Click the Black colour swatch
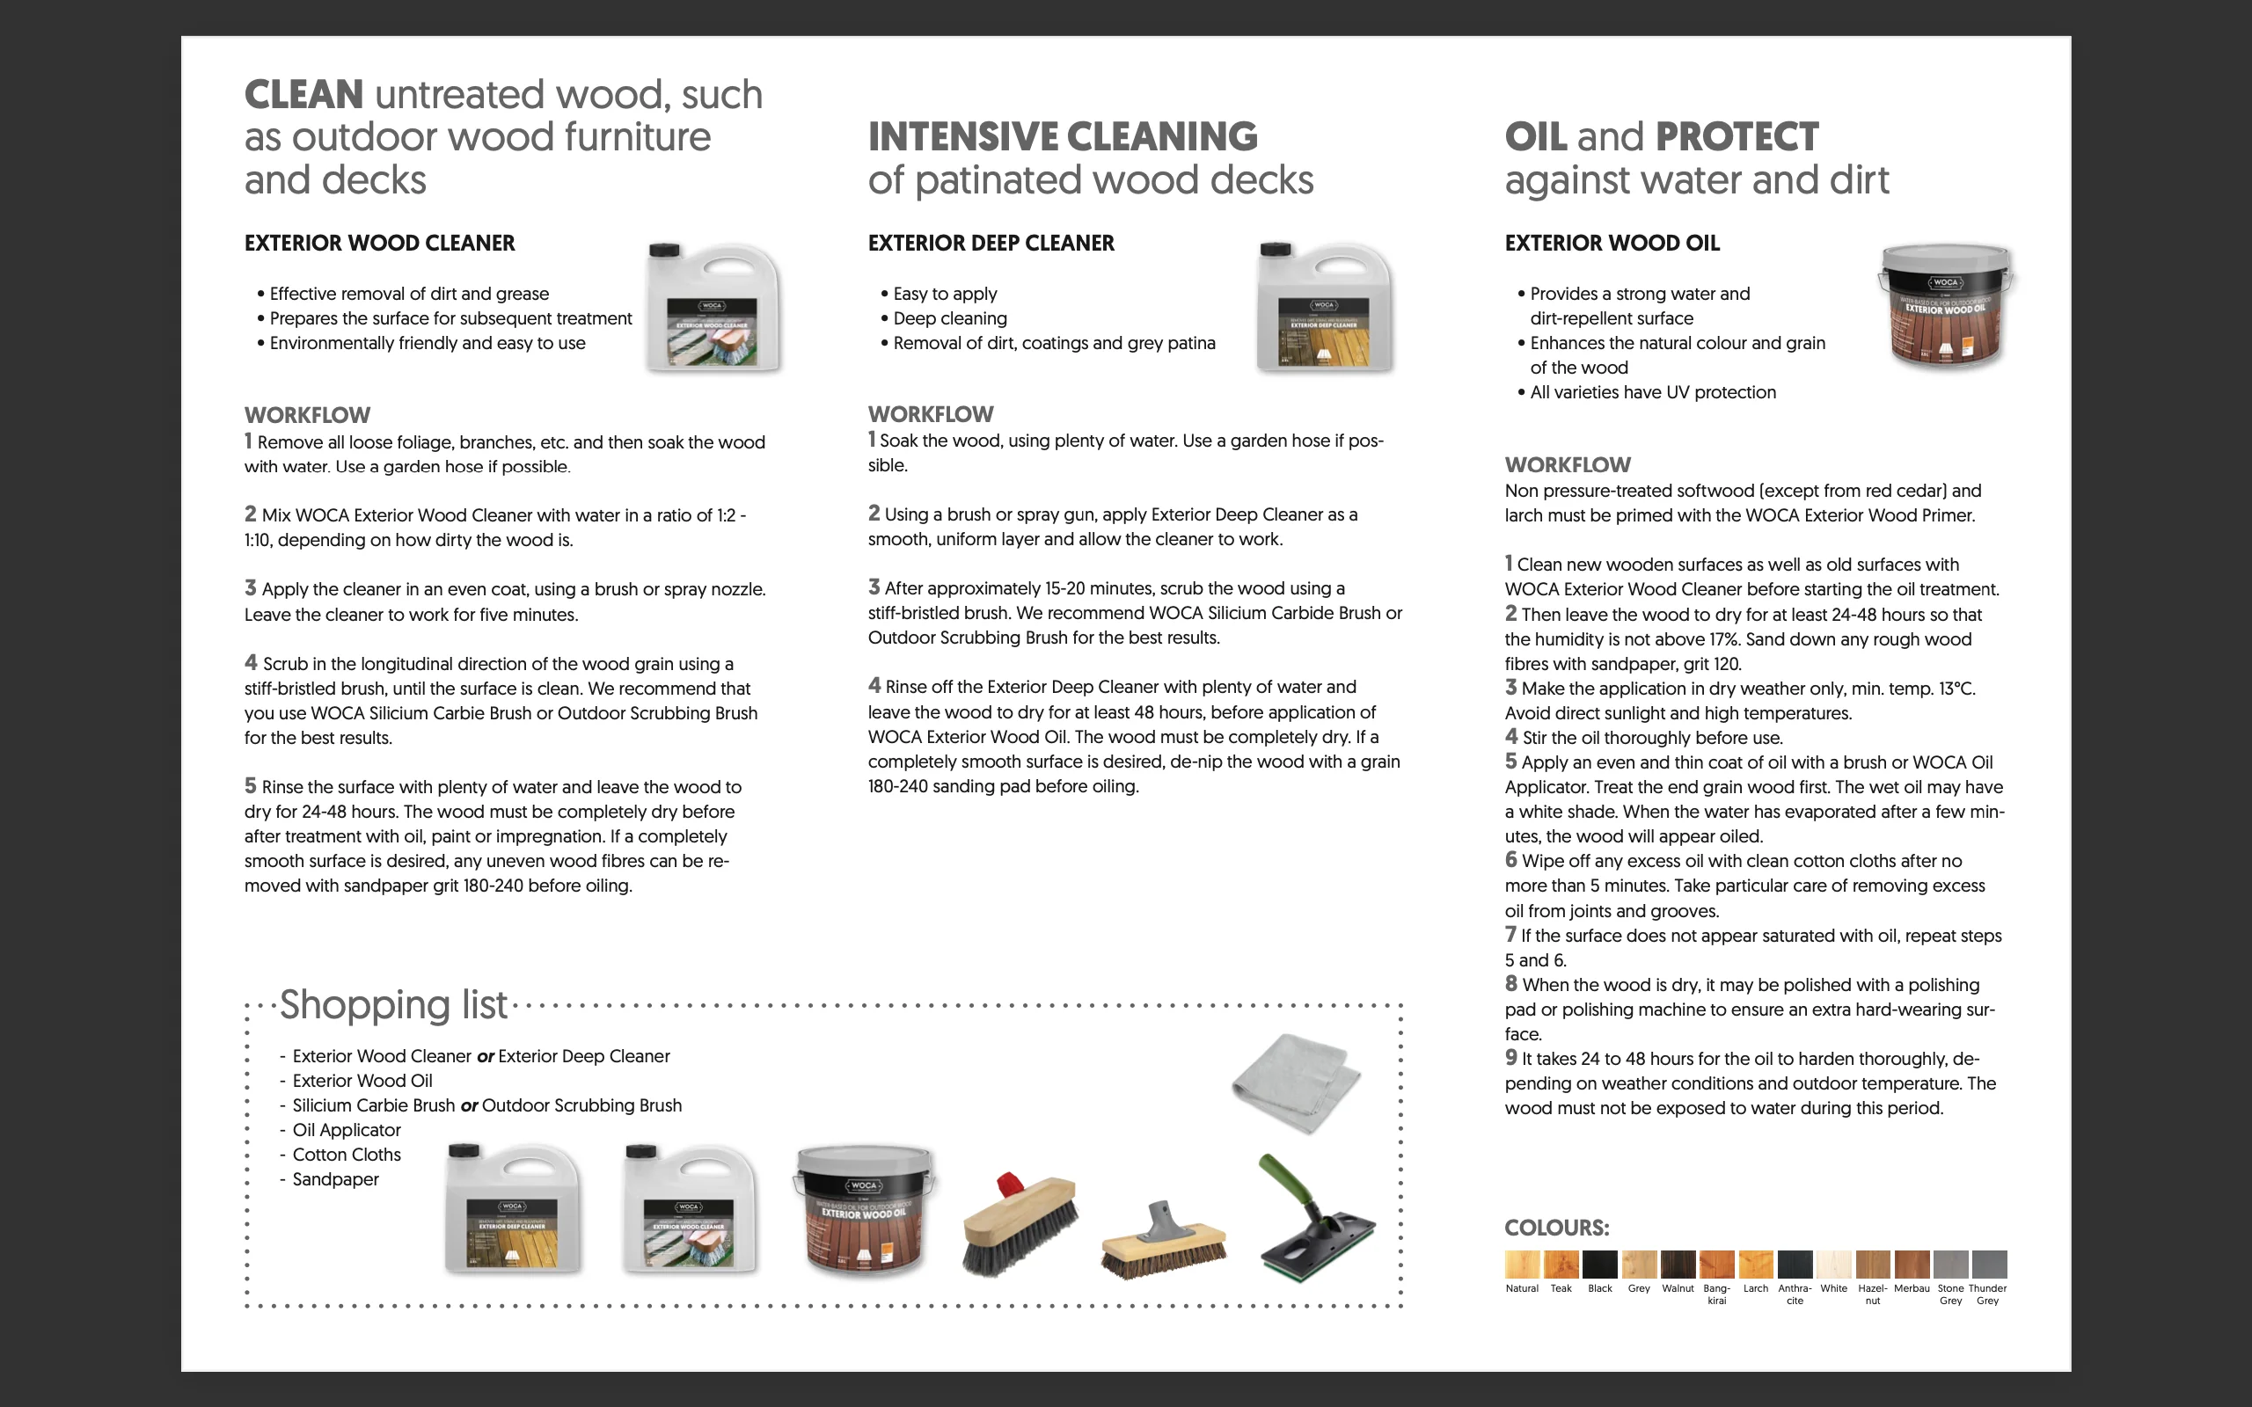[1599, 1264]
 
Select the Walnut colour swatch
[1678, 1264]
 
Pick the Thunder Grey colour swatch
[1989, 1264]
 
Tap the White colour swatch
[1833, 1264]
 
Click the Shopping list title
[392, 1005]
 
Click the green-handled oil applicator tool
[1316, 1219]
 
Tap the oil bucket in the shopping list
[864, 1209]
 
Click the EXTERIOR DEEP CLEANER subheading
[991, 243]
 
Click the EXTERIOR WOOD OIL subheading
[1611, 243]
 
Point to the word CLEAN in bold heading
[303, 95]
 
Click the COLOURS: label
[1556, 1228]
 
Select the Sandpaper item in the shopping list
[335, 1179]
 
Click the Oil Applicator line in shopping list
[347, 1130]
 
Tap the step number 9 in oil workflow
[1510, 1057]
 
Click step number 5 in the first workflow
[250, 785]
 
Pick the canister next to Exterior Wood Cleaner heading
[713, 307]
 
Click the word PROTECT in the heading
[1737, 137]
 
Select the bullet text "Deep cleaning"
[949, 318]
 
